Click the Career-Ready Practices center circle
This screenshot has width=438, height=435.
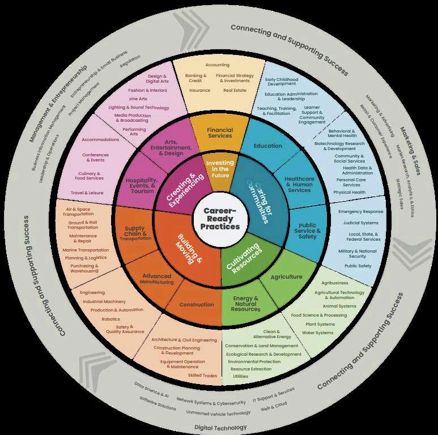220,218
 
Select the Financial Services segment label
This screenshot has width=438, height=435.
220,133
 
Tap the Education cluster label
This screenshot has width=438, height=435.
268,146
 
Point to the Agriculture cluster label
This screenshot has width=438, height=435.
286,277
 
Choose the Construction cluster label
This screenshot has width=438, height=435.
197,305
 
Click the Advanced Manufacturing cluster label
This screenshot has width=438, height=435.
157,279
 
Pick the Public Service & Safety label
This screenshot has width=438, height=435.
308,231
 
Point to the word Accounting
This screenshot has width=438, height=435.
218,65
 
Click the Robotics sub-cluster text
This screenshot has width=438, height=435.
110,319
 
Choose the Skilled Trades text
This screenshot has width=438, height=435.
202,375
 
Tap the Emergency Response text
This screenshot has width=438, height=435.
360,211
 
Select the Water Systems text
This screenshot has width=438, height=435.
318,332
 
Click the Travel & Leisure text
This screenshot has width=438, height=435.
87,193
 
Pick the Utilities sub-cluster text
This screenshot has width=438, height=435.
240,376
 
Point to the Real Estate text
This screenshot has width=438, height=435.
235,90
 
